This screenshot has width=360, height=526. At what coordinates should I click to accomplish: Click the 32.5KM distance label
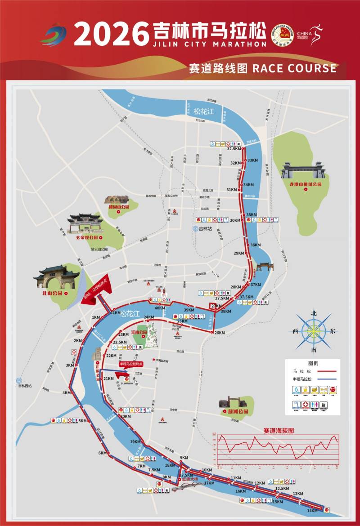pos(235,149)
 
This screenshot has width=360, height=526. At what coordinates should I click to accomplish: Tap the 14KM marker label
pos(312,511)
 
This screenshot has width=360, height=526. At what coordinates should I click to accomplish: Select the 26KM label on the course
pos(220,333)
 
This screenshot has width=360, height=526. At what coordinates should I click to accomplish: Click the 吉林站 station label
pos(205,228)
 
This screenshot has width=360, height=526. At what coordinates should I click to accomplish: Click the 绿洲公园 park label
pos(234,411)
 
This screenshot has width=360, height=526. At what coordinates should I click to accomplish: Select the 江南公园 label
pos(139,332)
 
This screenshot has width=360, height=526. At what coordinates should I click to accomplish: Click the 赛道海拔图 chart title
pos(279,430)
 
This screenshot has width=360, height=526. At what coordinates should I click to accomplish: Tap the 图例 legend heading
pos(313,363)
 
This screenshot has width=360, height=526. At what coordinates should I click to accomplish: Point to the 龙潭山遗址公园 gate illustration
pos(303,171)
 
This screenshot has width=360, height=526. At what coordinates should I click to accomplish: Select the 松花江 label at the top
pos(202,111)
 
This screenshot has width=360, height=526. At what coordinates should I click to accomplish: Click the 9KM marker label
pos(184,458)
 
